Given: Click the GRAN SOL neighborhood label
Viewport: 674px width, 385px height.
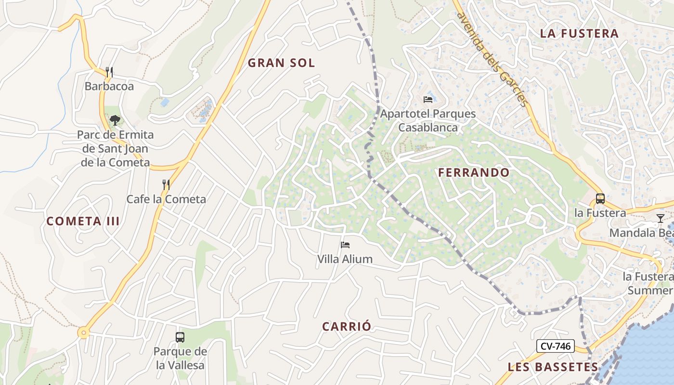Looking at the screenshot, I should tap(281, 63).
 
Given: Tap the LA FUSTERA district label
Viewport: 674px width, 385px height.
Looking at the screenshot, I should tap(579, 33).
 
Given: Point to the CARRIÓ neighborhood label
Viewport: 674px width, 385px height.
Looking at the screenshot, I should tap(347, 326).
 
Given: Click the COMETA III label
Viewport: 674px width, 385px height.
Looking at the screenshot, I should tap(83, 221).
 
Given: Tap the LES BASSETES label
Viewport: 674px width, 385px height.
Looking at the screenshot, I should tap(553, 367).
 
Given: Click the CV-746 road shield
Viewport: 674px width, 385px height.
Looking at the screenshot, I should tap(555, 346).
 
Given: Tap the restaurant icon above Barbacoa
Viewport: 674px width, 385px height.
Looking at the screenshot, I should tap(109, 72).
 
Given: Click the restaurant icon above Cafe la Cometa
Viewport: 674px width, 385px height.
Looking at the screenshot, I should tap(166, 184).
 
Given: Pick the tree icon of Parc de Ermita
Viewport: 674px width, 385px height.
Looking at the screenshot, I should tap(115, 120).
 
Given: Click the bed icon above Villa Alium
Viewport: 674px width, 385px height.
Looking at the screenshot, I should tap(345, 245).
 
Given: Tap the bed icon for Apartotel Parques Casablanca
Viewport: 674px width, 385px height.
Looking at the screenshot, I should tap(428, 100).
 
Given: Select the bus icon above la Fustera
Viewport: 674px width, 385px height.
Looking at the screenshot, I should tap(600, 198).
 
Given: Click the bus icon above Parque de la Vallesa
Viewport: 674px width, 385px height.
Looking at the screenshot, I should tap(180, 337).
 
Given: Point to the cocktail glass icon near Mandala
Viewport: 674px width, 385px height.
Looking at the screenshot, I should tap(660, 218).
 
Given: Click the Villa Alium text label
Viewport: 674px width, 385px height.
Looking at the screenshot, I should tap(345, 259).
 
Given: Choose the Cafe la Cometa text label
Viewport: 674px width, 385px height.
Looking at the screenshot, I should tap(166, 199).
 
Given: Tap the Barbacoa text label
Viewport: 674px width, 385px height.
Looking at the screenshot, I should tap(109, 87).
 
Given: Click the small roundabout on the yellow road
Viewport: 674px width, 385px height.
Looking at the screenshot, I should tap(84, 333).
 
